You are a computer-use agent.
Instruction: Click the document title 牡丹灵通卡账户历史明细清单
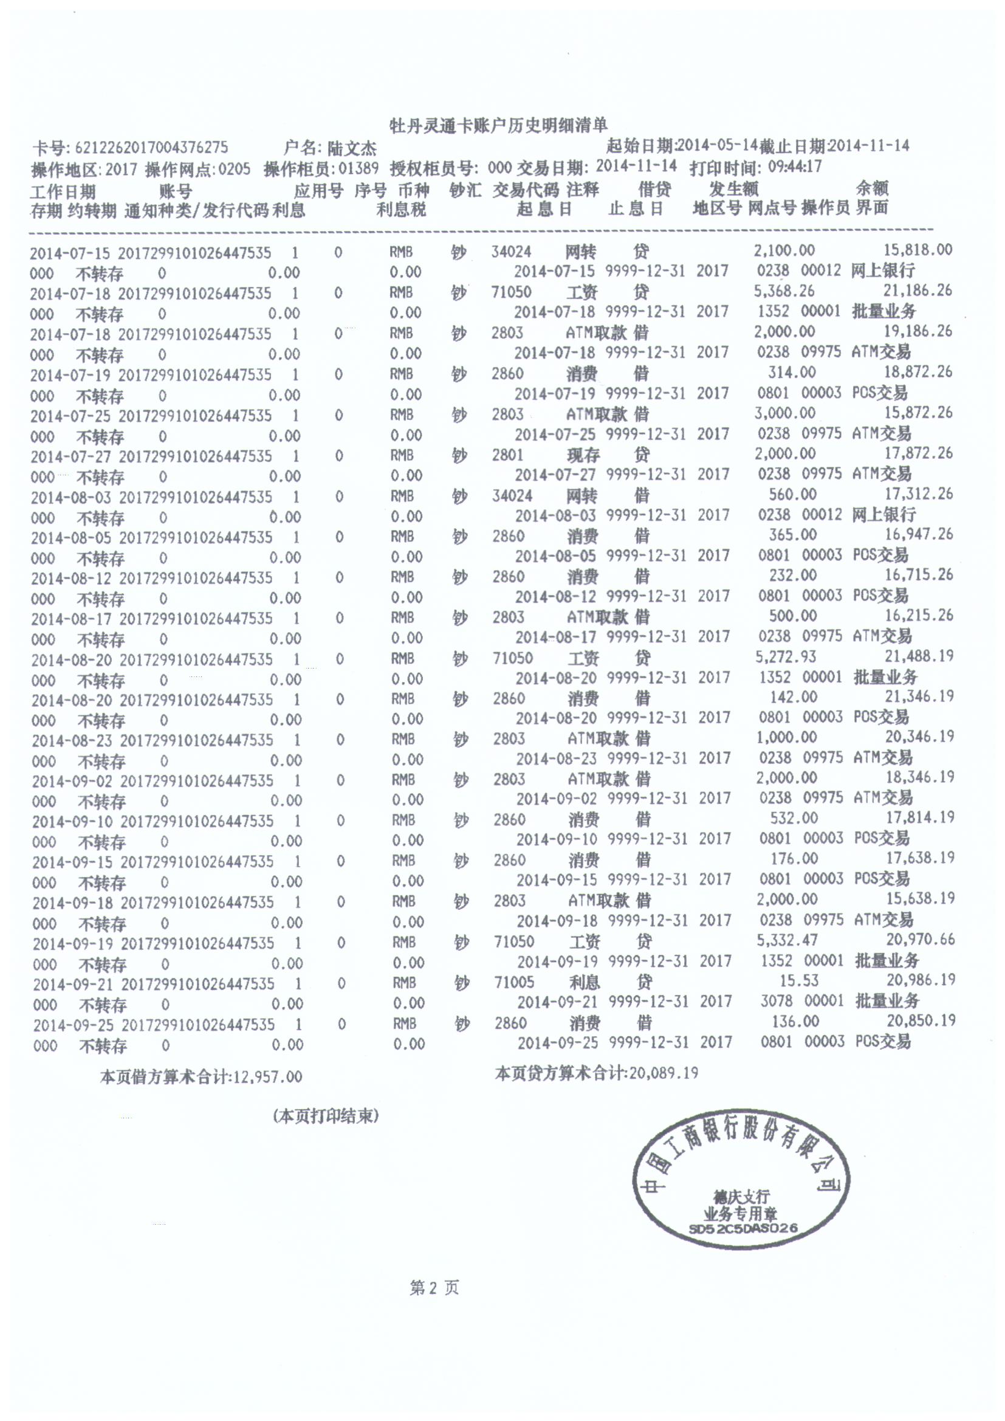[498, 126]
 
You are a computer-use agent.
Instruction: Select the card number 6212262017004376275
[152, 148]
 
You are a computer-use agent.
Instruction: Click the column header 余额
[872, 188]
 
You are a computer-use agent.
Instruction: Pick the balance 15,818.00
[917, 250]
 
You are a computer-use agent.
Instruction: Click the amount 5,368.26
[784, 291]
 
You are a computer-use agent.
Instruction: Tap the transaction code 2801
[507, 455]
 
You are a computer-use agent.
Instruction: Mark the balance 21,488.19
[919, 656]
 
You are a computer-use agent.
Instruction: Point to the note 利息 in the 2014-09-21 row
[584, 982]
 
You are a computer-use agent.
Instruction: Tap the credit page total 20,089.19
[664, 1073]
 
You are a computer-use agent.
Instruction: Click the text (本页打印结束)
[326, 1116]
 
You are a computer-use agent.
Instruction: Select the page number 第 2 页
[434, 1289]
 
